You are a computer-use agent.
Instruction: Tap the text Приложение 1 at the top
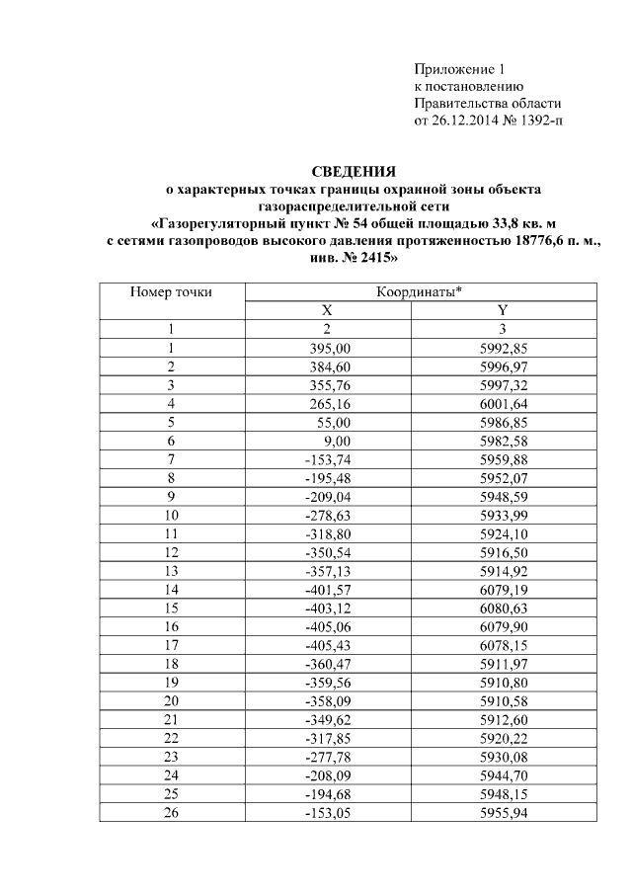(x=458, y=69)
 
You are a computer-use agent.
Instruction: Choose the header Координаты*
(x=420, y=292)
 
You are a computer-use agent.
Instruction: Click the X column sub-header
(x=326, y=310)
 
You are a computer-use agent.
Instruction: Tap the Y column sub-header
(x=503, y=310)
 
